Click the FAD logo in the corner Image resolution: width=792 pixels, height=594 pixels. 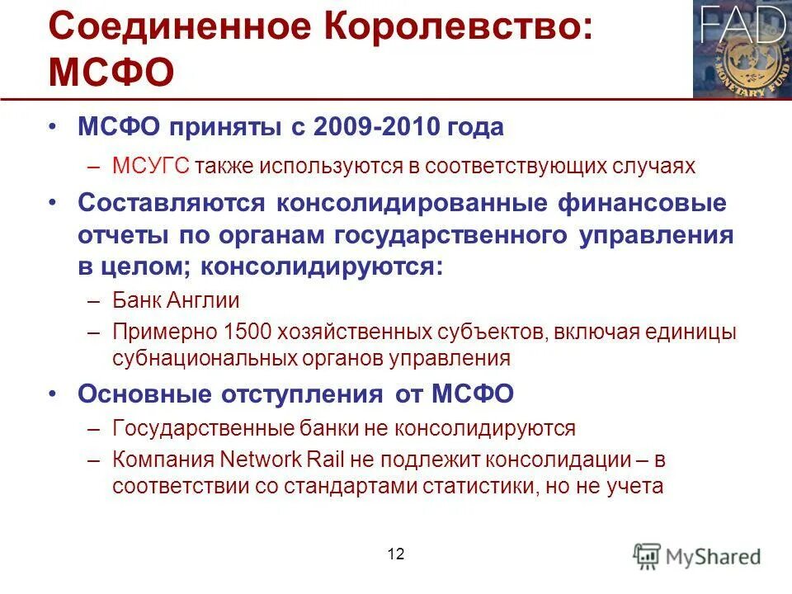(x=742, y=49)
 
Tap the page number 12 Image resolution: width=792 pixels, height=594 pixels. (x=396, y=554)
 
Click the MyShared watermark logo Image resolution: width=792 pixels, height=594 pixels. (x=698, y=556)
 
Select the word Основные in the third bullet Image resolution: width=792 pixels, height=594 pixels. (x=141, y=394)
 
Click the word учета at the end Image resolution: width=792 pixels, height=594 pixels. (x=634, y=486)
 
